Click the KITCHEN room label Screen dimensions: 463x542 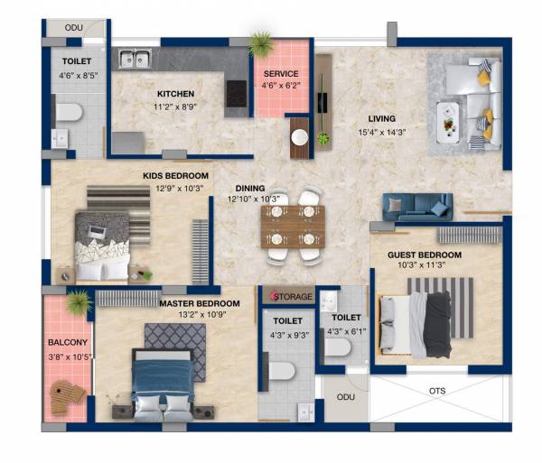pyautogui.click(x=175, y=93)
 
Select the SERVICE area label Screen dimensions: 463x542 pyautogui.click(x=280, y=74)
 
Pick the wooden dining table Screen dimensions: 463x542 pyautogui.click(x=292, y=226)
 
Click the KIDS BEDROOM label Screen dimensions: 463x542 pyautogui.click(x=175, y=175)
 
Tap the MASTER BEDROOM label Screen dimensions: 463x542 pyautogui.click(x=200, y=303)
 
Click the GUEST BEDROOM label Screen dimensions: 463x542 pyautogui.click(x=424, y=255)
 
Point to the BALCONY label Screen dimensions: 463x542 pyautogui.click(x=67, y=342)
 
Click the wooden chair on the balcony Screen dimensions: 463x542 pyautogui.click(x=67, y=395)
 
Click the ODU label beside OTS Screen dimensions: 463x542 pyautogui.click(x=344, y=397)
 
